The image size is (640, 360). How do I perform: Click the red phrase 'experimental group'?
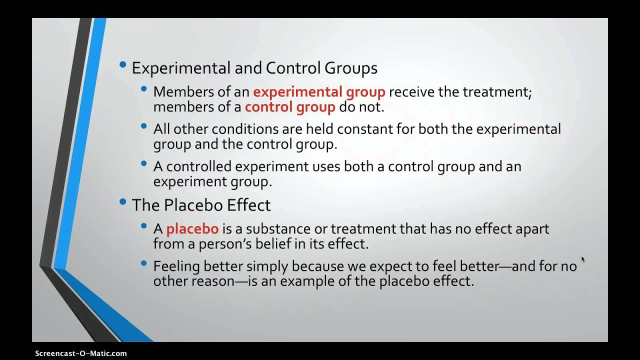tap(319, 92)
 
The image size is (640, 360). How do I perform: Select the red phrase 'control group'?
tap(290, 107)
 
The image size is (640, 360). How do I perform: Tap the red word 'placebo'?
tap(192, 229)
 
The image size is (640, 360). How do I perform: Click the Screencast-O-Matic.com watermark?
tap(81, 353)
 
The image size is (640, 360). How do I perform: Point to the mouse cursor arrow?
tap(582, 259)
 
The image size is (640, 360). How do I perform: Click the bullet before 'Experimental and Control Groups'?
tap(123, 65)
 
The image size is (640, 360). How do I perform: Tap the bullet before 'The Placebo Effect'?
tap(123, 202)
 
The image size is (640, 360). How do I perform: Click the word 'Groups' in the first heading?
tap(353, 68)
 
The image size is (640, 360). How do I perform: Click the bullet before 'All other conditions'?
tap(144, 126)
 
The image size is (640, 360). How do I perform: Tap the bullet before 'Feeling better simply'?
tap(144, 263)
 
